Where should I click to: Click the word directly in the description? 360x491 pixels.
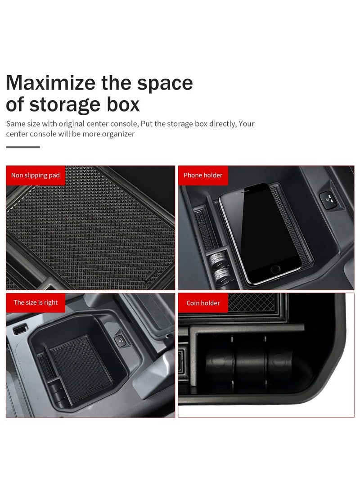220,124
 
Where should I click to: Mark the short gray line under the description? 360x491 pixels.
23,147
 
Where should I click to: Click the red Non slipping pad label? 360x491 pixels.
36,175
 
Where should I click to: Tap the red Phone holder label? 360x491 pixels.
203,175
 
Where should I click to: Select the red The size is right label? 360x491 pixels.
36,302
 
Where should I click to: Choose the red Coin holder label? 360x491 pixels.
203,303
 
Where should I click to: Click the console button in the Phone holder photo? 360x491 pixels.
328,198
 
